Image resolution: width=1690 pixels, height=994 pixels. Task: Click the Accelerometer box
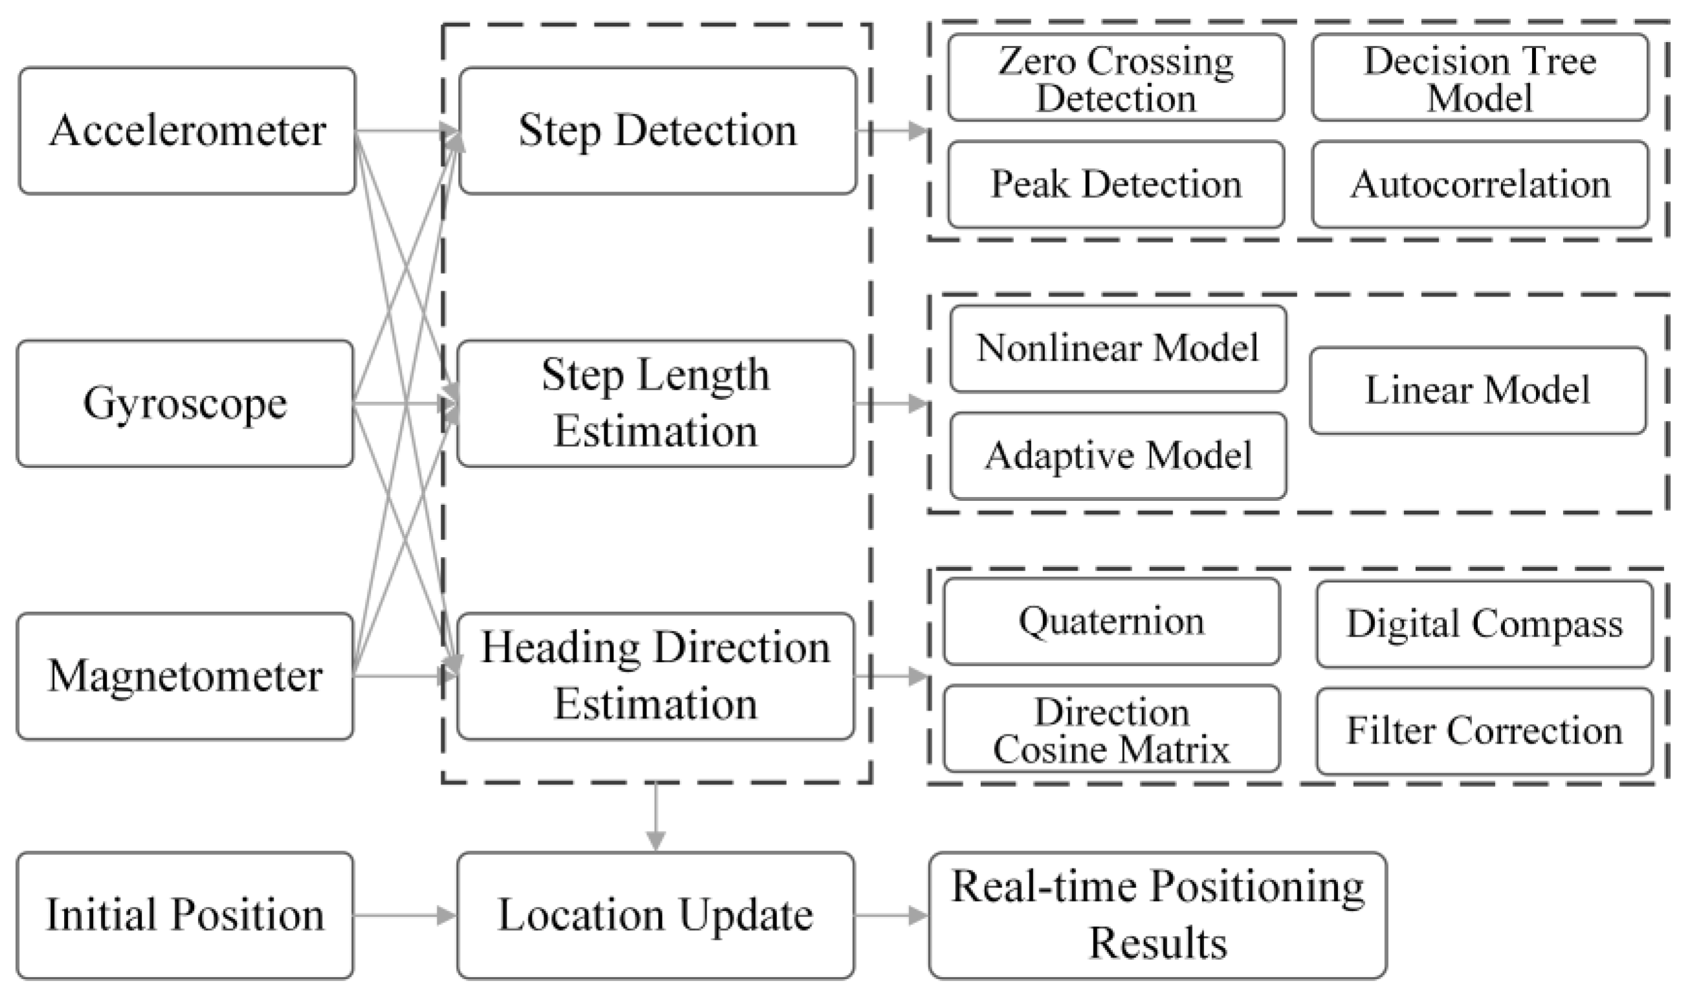187,131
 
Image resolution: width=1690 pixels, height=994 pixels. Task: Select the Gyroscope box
185,404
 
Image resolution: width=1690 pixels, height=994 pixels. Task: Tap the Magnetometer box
185,676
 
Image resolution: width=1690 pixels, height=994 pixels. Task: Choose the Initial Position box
185,915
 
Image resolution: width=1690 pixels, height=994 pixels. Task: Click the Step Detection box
657,131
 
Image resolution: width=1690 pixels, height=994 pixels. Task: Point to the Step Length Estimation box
655,404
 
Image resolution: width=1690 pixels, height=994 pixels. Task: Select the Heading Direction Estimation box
655,676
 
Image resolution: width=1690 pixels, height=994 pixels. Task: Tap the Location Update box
655,915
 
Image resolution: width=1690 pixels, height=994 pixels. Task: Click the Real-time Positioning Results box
1158,915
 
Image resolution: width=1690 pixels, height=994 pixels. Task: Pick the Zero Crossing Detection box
1116,78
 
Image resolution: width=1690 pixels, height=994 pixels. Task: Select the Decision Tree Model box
1480,78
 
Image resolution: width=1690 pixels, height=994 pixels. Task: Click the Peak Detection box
1116,184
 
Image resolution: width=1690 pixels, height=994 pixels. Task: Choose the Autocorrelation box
1480,184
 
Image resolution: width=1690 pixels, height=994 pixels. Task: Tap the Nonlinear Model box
1118,349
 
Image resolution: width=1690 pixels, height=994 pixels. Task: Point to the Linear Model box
1477,390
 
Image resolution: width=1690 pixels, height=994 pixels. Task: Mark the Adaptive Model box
1118,456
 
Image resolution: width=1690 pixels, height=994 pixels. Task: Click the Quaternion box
1111,622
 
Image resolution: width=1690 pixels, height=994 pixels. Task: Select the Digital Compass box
1484,624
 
